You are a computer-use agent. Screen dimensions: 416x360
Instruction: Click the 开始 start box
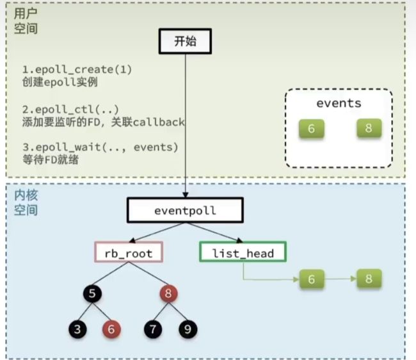pos(185,42)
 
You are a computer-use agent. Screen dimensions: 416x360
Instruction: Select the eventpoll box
pos(185,210)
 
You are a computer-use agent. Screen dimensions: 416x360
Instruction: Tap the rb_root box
pos(129,252)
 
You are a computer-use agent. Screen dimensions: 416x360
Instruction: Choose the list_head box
pos(243,252)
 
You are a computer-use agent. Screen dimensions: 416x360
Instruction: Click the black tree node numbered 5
pos(92,293)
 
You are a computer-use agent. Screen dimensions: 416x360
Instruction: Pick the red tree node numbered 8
pos(168,293)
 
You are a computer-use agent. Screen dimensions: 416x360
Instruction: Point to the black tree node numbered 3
pos(77,329)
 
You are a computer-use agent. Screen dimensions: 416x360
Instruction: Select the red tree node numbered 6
pos(111,329)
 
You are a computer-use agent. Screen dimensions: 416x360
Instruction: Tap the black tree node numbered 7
pos(153,329)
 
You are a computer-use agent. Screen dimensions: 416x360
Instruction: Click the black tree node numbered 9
pos(188,329)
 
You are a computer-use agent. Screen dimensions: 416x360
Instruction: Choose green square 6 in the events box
pos(312,129)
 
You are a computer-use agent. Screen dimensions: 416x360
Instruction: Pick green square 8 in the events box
pos(369,128)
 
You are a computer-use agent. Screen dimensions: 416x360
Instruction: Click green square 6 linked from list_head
pos(312,279)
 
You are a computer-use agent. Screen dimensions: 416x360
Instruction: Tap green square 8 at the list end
pos(369,279)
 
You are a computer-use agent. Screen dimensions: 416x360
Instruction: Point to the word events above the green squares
pos(339,103)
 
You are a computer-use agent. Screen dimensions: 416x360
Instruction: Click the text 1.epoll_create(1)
pos(77,70)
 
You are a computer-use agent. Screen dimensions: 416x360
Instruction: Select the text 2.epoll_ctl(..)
pos(70,110)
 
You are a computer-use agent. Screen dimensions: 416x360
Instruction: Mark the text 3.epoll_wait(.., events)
pos(100,147)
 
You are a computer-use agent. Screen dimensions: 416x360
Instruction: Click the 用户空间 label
pos(26,21)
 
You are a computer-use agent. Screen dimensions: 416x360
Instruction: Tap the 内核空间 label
pos(26,202)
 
